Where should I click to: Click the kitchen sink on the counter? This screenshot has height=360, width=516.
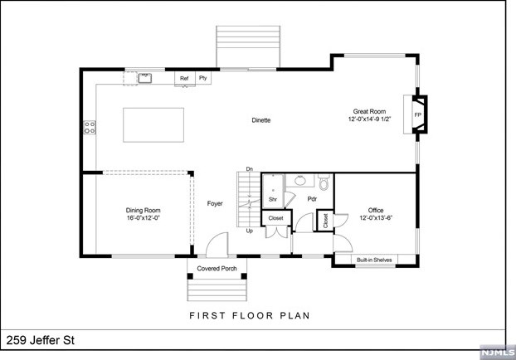click(x=144, y=78)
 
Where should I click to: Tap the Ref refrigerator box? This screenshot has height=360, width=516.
click(x=185, y=79)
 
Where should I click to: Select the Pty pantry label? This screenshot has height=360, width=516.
click(x=203, y=78)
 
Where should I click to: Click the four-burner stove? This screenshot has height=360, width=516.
click(x=90, y=128)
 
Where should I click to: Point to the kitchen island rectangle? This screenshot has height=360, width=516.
click(x=153, y=125)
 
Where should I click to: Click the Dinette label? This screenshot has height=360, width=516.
click(x=261, y=120)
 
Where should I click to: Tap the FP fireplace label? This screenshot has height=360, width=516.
click(x=418, y=114)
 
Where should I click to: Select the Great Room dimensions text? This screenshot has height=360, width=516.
click(x=369, y=119)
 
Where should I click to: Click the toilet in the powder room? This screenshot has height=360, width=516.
click(x=324, y=182)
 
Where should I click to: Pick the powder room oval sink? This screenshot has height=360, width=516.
click(x=299, y=180)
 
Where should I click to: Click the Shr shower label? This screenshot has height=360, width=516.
click(x=273, y=199)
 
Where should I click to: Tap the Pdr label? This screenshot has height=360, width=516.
click(x=312, y=199)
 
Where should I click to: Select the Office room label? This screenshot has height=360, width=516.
click(x=376, y=210)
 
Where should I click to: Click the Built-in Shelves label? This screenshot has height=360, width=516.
click(x=374, y=260)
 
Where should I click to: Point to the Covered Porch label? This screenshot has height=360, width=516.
click(x=217, y=269)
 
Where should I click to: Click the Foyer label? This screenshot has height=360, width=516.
click(x=215, y=204)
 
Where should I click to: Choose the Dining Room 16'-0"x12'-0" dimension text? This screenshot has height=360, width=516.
click(x=144, y=217)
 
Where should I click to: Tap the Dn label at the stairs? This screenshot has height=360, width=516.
click(x=250, y=169)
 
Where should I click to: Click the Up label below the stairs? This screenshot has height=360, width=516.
click(x=250, y=231)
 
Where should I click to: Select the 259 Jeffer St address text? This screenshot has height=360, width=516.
click(x=41, y=340)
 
